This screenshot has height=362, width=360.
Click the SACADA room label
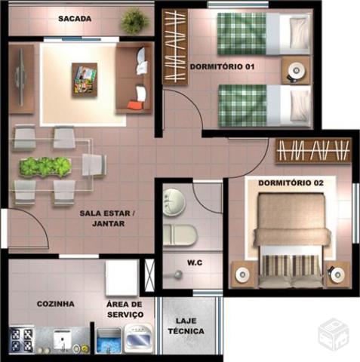pyautogui.click(x=75, y=19)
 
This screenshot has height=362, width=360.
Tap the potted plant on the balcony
pyautogui.click(x=134, y=21)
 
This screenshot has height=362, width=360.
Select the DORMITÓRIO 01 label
pyautogui.click(x=222, y=66)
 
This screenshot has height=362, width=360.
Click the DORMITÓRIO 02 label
pyautogui.click(x=291, y=183)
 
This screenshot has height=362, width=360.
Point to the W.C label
pyautogui.click(x=195, y=262)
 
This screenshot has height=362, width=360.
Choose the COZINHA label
pyautogui.click(x=56, y=304)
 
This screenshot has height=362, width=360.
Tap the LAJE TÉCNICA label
pyautogui.click(x=186, y=326)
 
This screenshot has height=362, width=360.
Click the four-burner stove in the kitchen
pyautogui.click(x=21, y=339)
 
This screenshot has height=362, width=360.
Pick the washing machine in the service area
pyautogui.click(x=139, y=338)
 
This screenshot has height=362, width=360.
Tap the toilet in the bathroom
pyautogui.click(x=180, y=235)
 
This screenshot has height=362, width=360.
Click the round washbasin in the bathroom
pyautogui.click(x=174, y=202)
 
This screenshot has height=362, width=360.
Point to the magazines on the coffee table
pyautogui.click(x=85, y=80)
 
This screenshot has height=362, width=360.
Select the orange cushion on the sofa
pyautogui.click(x=136, y=105)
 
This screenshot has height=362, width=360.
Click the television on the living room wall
pyautogui.click(x=20, y=77)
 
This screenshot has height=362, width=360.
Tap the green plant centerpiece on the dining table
pyautogui.click(x=45, y=167)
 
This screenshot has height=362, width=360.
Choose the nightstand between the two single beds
pyautogui.click(x=296, y=70)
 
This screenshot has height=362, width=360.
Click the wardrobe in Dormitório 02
pyautogui.click(x=313, y=151)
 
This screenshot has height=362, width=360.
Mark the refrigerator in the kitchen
pyautogui.click(x=122, y=278)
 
